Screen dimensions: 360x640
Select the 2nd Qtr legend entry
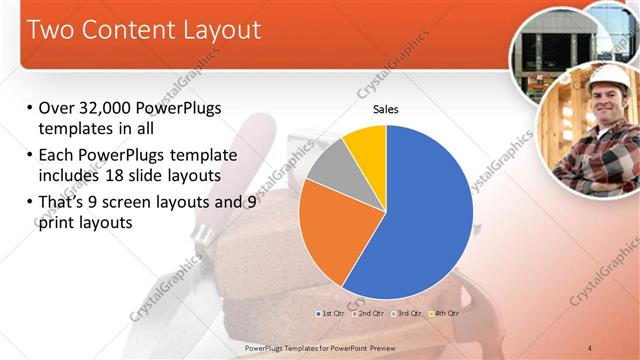[x=369, y=313]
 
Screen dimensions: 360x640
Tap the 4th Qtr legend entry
[x=444, y=313]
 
